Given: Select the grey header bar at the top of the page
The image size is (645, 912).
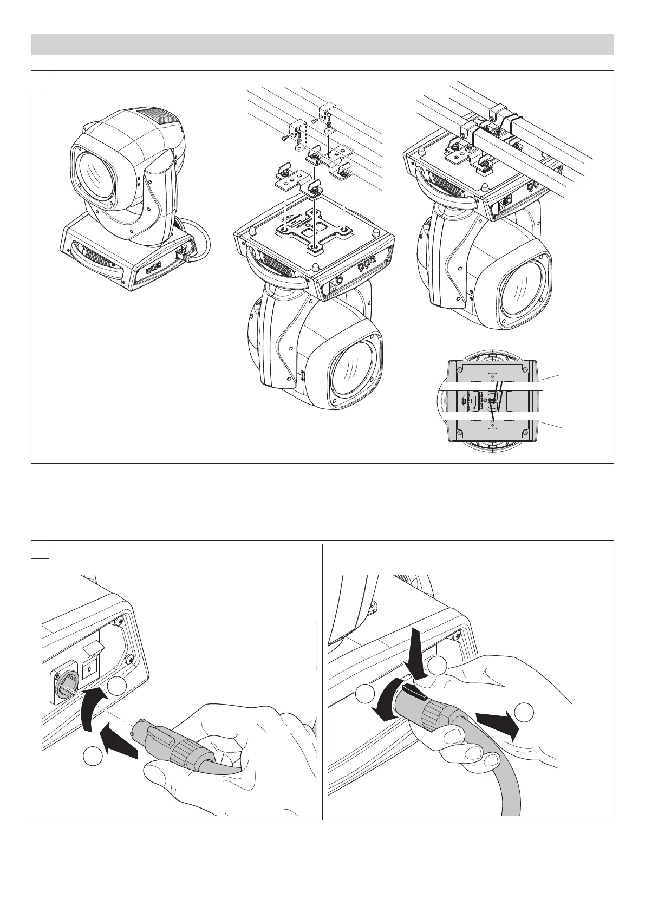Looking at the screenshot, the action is click(x=322, y=44).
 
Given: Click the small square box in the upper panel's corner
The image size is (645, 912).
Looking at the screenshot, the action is click(x=41, y=80).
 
